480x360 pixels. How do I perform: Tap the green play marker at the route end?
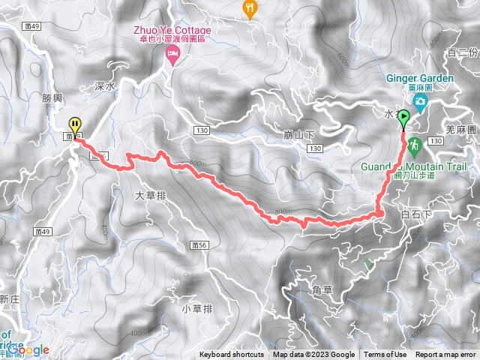click(404, 118)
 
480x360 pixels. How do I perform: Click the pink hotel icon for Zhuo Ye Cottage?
click(173, 54)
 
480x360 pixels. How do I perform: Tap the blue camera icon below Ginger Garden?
click(421, 100)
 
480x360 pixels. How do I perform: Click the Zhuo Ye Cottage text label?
click(173, 31)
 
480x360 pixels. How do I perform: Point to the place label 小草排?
click(197, 308)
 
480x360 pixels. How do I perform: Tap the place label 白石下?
click(417, 214)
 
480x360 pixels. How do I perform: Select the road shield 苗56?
click(199, 245)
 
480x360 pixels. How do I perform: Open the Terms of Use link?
click(385, 355)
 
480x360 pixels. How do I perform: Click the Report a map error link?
click(446, 355)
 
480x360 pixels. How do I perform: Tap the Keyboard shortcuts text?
click(232, 355)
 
